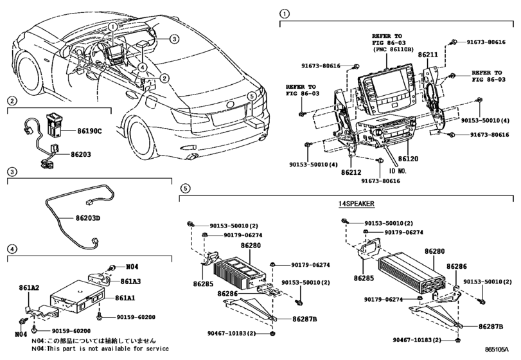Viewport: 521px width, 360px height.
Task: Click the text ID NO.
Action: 397,172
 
